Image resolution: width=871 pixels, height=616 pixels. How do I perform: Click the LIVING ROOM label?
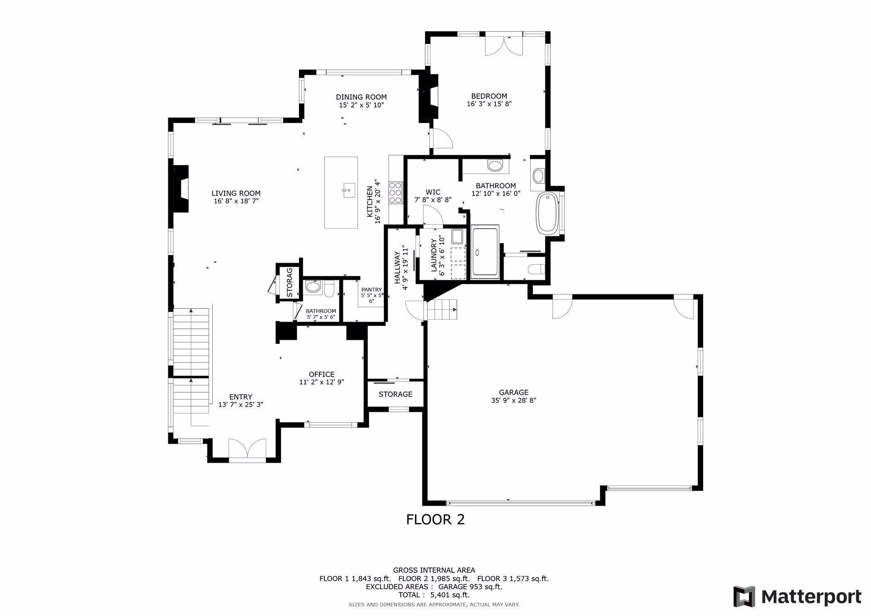pyautogui.click(x=236, y=193)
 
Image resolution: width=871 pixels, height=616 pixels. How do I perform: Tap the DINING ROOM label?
pyautogui.click(x=361, y=97)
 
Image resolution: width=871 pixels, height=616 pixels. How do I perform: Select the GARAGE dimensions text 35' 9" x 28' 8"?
pyautogui.click(x=514, y=401)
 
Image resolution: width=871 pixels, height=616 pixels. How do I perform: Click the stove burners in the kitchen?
pyautogui.click(x=395, y=192)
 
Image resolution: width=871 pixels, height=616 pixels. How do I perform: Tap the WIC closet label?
pyautogui.click(x=433, y=192)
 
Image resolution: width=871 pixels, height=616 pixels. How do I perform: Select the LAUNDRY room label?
pyautogui.click(x=434, y=255)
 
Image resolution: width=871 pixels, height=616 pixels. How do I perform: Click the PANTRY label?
pyautogui.click(x=371, y=290)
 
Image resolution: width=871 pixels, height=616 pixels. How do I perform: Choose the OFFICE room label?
pyautogui.click(x=322, y=374)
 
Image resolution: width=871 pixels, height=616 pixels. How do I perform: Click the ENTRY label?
pyautogui.click(x=240, y=397)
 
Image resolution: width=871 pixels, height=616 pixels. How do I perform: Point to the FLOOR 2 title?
pyautogui.click(x=435, y=519)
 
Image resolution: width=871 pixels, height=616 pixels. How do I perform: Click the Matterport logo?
pyautogui.click(x=798, y=596)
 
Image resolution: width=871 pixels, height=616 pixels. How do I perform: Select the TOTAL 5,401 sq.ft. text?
pyautogui.click(x=434, y=595)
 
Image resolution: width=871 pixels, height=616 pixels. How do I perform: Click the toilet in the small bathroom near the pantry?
pyautogui.click(x=330, y=288)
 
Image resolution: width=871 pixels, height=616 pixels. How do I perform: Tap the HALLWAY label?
pyautogui.click(x=397, y=268)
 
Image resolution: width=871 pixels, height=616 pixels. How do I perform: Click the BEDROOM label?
pyautogui.click(x=489, y=96)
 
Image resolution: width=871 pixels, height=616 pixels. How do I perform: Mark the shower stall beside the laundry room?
pyautogui.click(x=485, y=252)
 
